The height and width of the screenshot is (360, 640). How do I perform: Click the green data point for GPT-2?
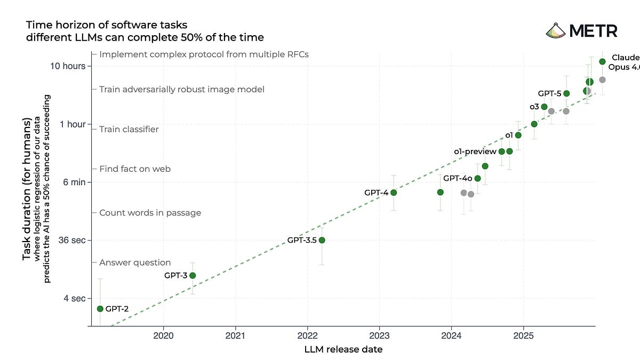pos(100,309)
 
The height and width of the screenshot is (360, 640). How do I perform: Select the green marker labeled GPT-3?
pos(193,275)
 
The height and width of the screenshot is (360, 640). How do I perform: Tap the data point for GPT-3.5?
pos(322,240)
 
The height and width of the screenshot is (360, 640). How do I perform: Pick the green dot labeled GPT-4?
pos(394,193)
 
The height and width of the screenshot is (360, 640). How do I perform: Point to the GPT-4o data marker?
pos(477,178)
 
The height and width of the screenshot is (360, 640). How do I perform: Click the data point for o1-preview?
pos(501,151)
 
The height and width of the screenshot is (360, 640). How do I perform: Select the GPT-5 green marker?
pos(566,93)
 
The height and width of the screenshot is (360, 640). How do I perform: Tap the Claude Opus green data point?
pos(602,61)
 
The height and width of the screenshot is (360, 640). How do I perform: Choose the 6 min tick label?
pos(75,182)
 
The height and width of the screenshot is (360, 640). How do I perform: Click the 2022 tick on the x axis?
pos(307,336)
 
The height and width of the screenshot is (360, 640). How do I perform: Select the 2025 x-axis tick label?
pos(523,336)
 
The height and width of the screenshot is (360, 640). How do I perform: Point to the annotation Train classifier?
pos(129,129)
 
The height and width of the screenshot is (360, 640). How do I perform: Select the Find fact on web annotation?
pos(135,169)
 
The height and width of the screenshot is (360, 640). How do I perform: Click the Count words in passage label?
pos(150,212)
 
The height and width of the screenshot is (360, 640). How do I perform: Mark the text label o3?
pos(534,107)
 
